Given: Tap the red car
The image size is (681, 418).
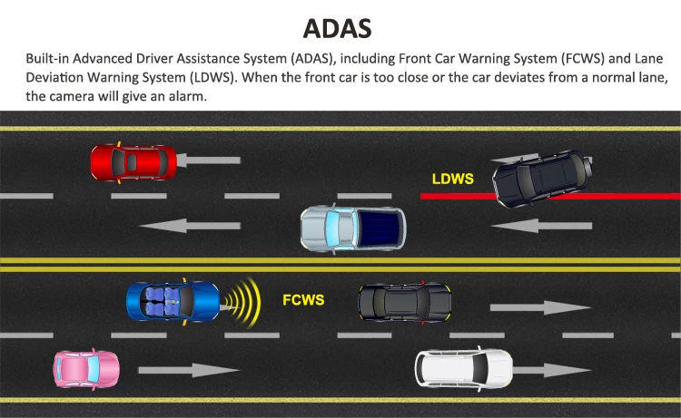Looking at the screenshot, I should (x=133, y=162).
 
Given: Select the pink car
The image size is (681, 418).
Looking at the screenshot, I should (x=86, y=368).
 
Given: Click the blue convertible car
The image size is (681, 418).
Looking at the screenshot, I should (x=173, y=301).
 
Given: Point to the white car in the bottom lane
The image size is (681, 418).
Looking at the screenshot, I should (x=463, y=368).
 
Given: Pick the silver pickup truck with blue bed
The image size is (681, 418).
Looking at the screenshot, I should (x=353, y=228).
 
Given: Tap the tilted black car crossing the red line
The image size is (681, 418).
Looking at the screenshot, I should (x=539, y=179).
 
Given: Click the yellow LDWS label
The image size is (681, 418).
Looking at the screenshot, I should (x=451, y=179).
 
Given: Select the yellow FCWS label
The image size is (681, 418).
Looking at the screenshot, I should (x=302, y=298).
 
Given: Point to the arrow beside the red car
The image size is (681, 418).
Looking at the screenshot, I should (x=208, y=161).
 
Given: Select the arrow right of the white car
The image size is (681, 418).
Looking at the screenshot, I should (x=553, y=371).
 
